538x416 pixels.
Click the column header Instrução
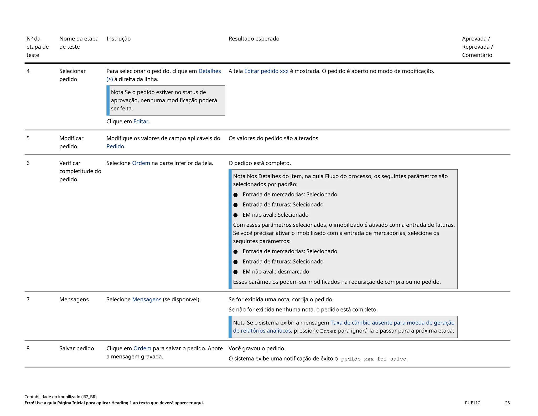pos(118,39)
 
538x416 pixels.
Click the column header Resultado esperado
pos(254,39)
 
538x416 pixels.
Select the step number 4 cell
pos(28,71)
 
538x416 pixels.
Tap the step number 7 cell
pos(28,299)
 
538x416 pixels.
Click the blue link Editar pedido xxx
pos(266,71)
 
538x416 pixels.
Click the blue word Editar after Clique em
pos(141,121)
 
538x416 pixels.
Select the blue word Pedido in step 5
pos(115,146)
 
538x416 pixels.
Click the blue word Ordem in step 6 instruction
pos(141,163)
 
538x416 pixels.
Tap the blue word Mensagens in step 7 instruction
pos(147,299)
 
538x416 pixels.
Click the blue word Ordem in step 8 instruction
pos(142,348)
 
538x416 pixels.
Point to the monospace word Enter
pos(328,331)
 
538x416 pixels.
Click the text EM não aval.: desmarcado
pos(276,272)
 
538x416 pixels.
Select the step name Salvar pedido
pos(76,348)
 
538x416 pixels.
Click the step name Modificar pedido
pos(71,142)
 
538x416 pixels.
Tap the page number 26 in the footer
pos(507,403)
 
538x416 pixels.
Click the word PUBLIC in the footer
pos(472,403)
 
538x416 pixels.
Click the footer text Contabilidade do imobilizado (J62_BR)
pos(60,397)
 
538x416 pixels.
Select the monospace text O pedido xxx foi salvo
pos(371,359)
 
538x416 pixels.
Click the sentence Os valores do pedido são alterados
pos(274,138)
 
